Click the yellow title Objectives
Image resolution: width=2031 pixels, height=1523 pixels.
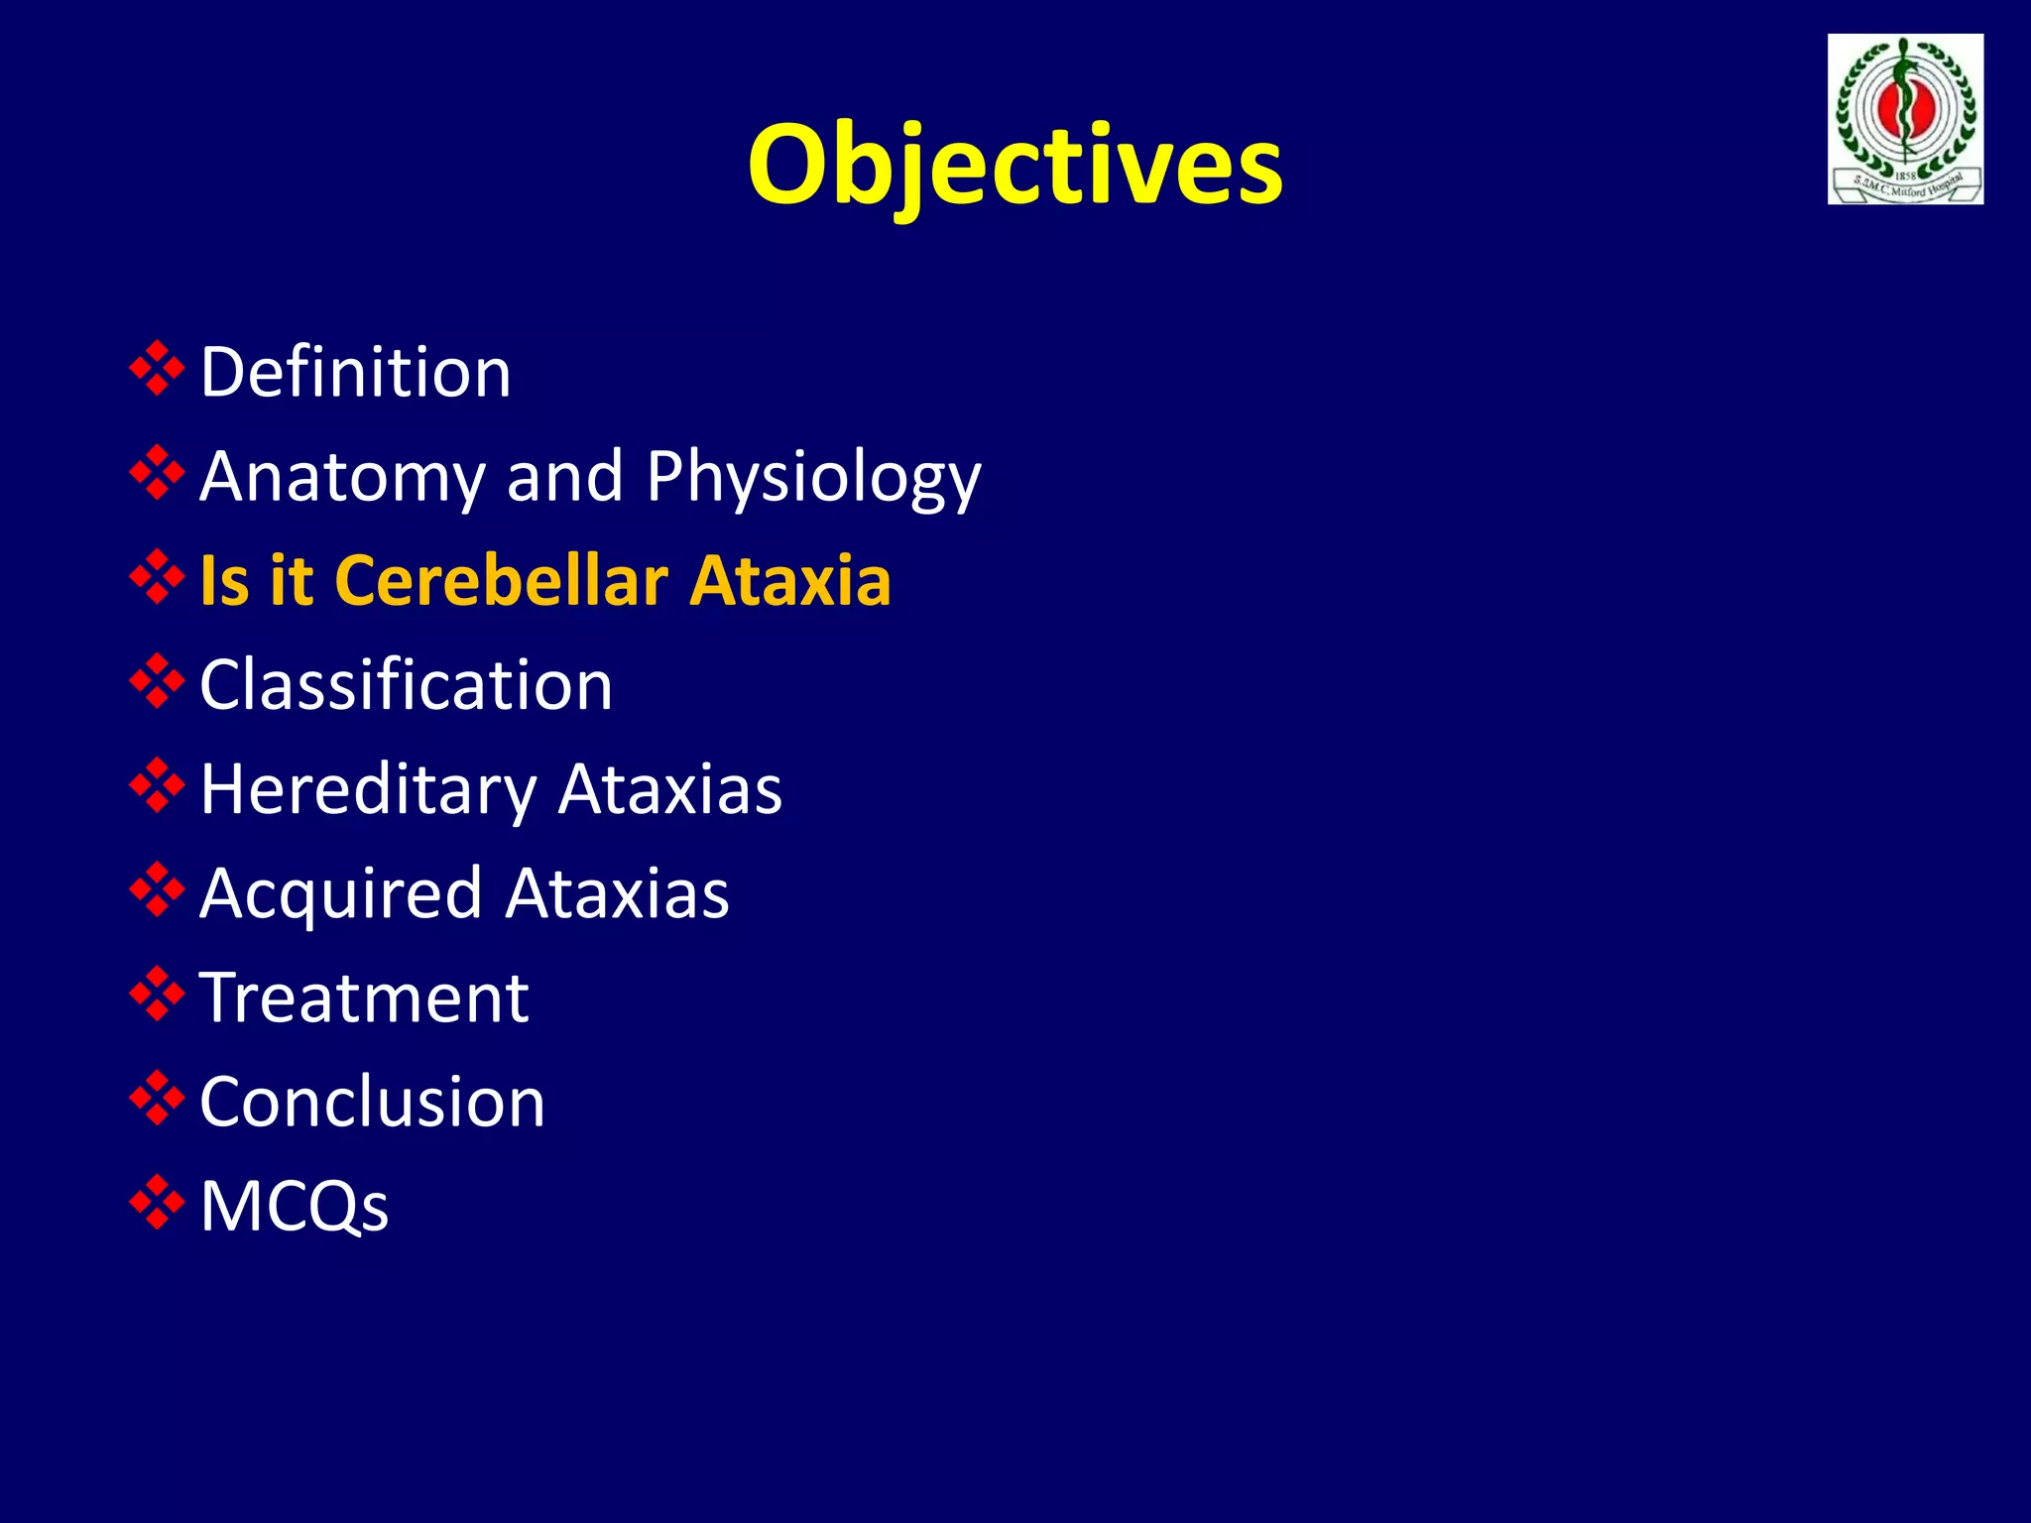point(1015,164)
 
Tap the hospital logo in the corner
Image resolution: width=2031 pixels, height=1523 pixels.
point(1905,119)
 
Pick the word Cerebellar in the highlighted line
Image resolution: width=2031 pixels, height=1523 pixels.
point(502,580)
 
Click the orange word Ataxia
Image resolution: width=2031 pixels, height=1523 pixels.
point(790,580)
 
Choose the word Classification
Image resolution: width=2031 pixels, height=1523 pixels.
point(406,685)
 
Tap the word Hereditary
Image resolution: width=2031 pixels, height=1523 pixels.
point(367,790)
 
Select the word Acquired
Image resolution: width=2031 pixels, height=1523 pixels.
point(341,894)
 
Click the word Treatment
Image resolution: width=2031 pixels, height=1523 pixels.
point(364,997)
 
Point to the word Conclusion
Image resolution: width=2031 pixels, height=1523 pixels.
point(372,1102)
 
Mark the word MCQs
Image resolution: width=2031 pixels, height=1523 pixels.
point(295,1206)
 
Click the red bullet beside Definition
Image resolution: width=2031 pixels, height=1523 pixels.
point(157,369)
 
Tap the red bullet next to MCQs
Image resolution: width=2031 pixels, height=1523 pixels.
point(157,1203)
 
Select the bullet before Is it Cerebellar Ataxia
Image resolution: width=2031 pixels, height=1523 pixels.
point(157,577)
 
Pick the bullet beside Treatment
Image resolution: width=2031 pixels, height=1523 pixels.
point(157,995)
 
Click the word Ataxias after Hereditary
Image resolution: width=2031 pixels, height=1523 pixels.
point(669,790)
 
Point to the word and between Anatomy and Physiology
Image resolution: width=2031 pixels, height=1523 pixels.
point(564,477)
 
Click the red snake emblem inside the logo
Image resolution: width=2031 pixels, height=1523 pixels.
point(1904,104)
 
